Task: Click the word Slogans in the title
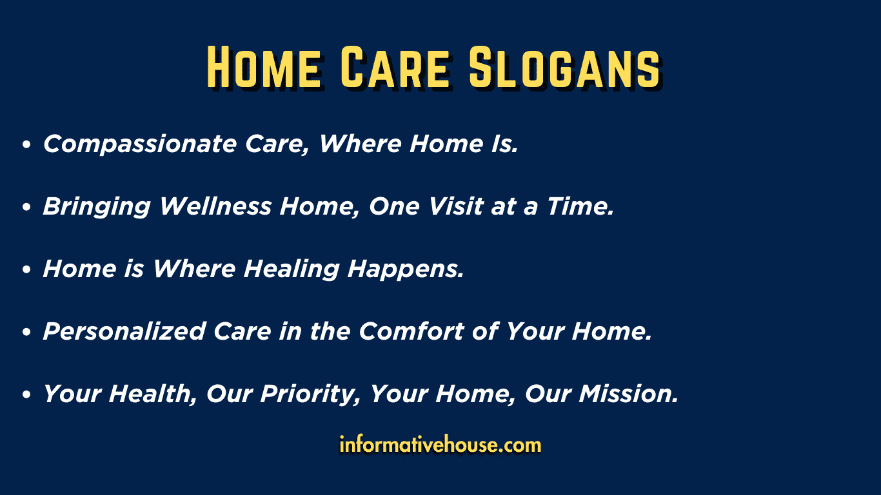[x=564, y=67]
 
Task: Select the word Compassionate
[x=139, y=144]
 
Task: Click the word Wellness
[x=215, y=206]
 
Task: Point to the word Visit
[x=455, y=206]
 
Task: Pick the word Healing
[x=292, y=269]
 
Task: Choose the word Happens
[x=406, y=270]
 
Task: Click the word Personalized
[x=124, y=331]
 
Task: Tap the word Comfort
[x=411, y=331]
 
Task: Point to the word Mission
[x=628, y=394]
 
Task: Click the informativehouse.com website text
[x=440, y=445]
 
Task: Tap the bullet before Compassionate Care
[x=26, y=144]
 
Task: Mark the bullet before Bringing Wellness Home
[x=26, y=207]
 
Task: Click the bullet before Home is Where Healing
[x=26, y=269]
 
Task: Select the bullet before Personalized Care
[x=26, y=332]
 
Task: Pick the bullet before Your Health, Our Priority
[x=26, y=394]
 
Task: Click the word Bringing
[x=97, y=207]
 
